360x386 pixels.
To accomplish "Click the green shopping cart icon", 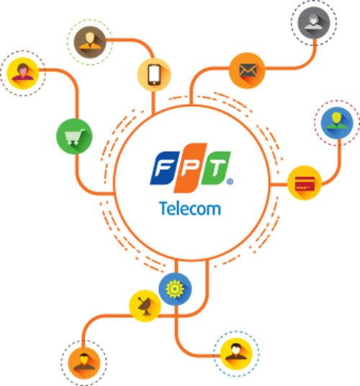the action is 74,136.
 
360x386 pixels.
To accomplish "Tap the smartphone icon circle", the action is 154,75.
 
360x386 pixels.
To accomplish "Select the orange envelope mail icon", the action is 247,71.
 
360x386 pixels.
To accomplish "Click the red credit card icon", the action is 305,183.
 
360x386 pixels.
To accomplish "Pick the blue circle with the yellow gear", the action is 175,289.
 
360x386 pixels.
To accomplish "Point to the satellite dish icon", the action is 145,305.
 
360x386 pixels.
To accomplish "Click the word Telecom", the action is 190,208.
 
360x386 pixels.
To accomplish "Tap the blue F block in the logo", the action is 163,168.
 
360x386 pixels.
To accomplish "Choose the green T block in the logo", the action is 216,168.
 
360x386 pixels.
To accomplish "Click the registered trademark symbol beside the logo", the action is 230,181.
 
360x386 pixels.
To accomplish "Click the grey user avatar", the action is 314,22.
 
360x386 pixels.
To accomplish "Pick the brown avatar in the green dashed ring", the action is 90,42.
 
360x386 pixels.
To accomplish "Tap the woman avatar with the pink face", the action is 23,73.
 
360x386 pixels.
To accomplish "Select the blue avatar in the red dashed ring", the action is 337,122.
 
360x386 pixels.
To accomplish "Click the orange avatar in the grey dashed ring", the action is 84,363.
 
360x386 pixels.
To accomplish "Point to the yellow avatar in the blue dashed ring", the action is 236,354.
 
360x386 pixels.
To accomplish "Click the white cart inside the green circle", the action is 75,136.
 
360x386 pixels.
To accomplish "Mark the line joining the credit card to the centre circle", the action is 279,184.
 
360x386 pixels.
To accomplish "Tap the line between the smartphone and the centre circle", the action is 153,103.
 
